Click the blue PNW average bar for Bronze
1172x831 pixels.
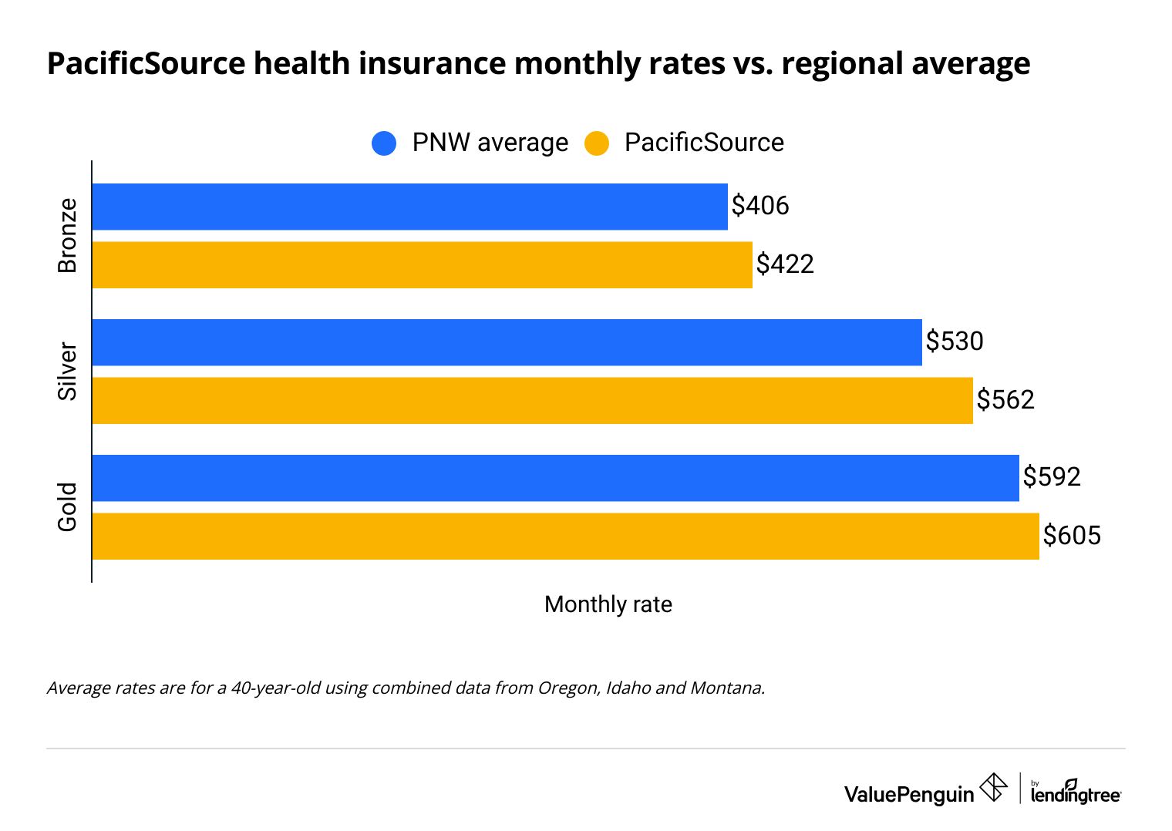coord(409,207)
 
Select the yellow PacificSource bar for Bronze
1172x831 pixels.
coord(422,265)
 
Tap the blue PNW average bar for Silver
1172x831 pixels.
coord(507,342)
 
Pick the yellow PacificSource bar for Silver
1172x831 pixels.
coord(532,401)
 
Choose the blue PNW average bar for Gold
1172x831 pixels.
coord(555,478)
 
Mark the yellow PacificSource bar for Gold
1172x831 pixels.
coord(565,537)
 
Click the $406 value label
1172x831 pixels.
coord(760,206)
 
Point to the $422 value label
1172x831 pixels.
coord(785,264)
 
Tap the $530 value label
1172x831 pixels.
coord(955,341)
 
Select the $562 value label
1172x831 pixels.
coord(1005,400)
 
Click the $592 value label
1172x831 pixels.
coord(1052,477)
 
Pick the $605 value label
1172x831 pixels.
coord(1072,536)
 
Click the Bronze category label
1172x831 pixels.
coord(68,236)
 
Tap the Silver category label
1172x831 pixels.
coord(68,372)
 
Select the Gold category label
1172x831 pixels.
coord(68,507)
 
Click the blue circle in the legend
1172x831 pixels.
coord(384,143)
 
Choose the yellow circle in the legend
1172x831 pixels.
coord(596,143)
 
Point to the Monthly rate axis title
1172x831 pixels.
coord(608,604)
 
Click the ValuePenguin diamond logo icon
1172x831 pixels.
coord(993,788)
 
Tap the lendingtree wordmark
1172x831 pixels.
coord(1076,793)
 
